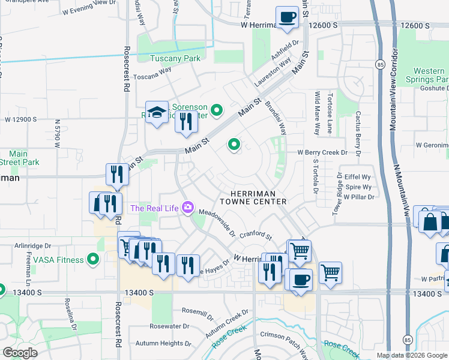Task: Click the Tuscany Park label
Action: pos(175,58)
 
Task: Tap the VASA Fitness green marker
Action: pos(93,259)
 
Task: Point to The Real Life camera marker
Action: pos(188,208)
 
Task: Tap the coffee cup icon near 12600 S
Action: pos(287,17)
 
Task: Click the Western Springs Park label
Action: pos(429,75)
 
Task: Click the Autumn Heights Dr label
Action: pos(163,344)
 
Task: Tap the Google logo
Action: pos(21,353)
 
